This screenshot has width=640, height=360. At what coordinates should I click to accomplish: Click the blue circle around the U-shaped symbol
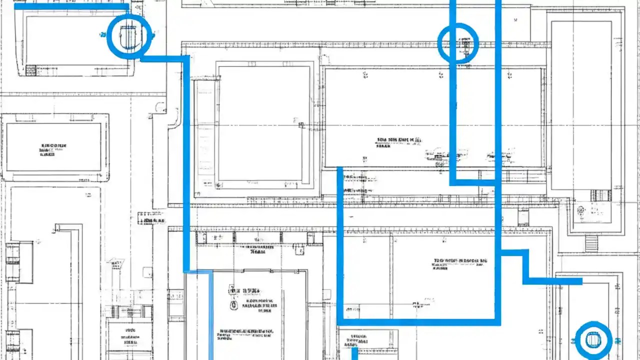(129, 36)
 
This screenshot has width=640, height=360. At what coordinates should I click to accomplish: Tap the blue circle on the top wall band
(458, 43)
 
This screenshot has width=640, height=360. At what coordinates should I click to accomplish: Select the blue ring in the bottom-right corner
(593, 340)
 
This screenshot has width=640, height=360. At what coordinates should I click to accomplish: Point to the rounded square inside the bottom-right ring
(593, 340)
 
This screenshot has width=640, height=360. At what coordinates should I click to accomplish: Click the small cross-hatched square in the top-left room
(31, 70)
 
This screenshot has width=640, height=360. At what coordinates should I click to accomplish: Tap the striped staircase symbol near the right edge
(591, 243)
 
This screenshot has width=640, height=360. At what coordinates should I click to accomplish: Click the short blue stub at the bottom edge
(354, 353)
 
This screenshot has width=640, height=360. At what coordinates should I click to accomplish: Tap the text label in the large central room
(398, 142)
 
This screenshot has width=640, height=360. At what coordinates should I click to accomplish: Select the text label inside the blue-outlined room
(460, 263)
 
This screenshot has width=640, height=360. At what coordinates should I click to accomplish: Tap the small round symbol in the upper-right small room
(580, 210)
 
